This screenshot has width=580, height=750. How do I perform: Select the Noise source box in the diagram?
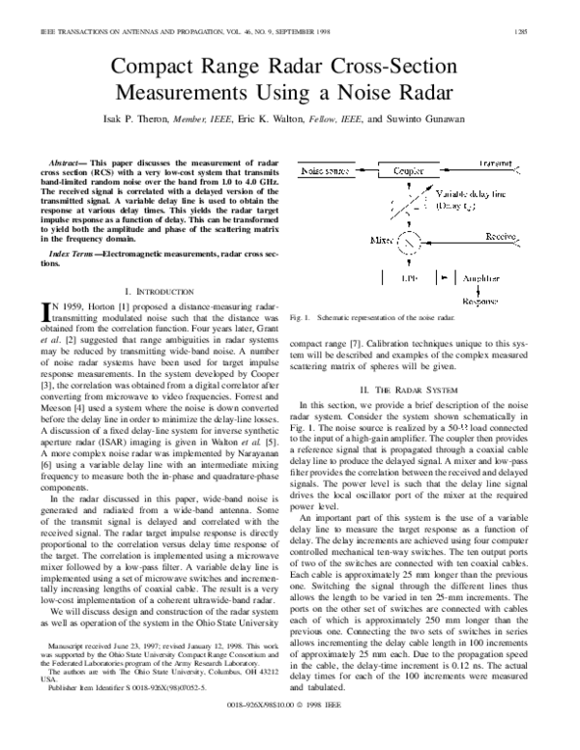pyautogui.click(x=325, y=169)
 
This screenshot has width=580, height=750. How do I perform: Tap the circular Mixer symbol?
pyautogui.click(x=385, y=237)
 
